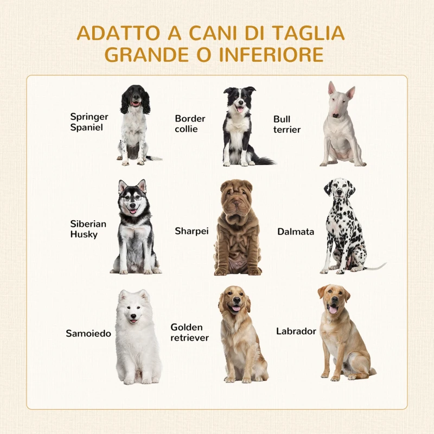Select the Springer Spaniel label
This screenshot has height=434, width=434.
pyautogui.click(x=89, y=122)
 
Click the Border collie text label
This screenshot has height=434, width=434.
pyautogui.click(x=190, y=124)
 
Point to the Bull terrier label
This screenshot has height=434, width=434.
pyautogui.click(x=286, y=124)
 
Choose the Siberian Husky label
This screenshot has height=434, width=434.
pyautogui.click(x=88, y=229)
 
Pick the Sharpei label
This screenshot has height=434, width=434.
pyautogui.click(x=192, y=231)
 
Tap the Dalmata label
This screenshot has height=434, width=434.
pyautogui.click(x=296, y=232)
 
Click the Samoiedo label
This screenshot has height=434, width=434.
pyautogui.click(x=88, y=333)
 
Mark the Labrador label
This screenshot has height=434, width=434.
pyautogui.click(x=296, y=331)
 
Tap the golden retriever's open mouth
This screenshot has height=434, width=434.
pyautogui.click(x=235, y=309)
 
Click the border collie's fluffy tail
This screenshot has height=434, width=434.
pyautogui.click(x=263, y=161)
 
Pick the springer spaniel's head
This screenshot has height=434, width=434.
pyautogui.click(x=135, y=98)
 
